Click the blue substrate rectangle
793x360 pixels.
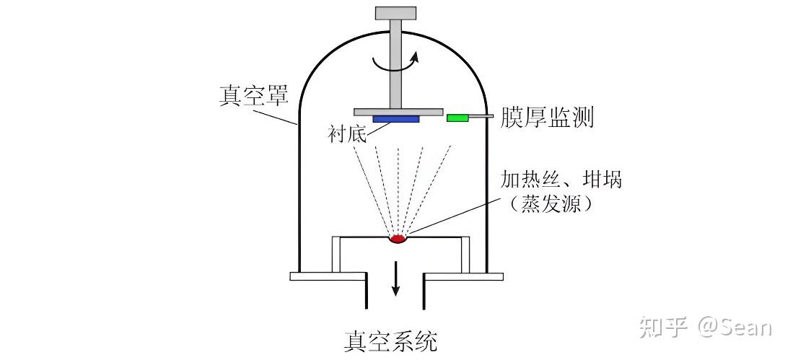[x=395, y=118]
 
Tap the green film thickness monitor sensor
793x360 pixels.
[x=457, y=117]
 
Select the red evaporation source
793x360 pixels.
[x=398, y=238]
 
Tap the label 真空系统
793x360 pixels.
[x=390, y=340]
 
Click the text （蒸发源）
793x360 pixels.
[x=559, y=204]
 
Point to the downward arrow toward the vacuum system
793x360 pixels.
[x=395, y=282]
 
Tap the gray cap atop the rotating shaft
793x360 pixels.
[x=396, y=12]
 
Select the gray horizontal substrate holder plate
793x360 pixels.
[x=398, y=110]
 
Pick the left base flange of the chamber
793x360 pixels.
[x=328, y=276]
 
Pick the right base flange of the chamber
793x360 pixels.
[x=463, y=276]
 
